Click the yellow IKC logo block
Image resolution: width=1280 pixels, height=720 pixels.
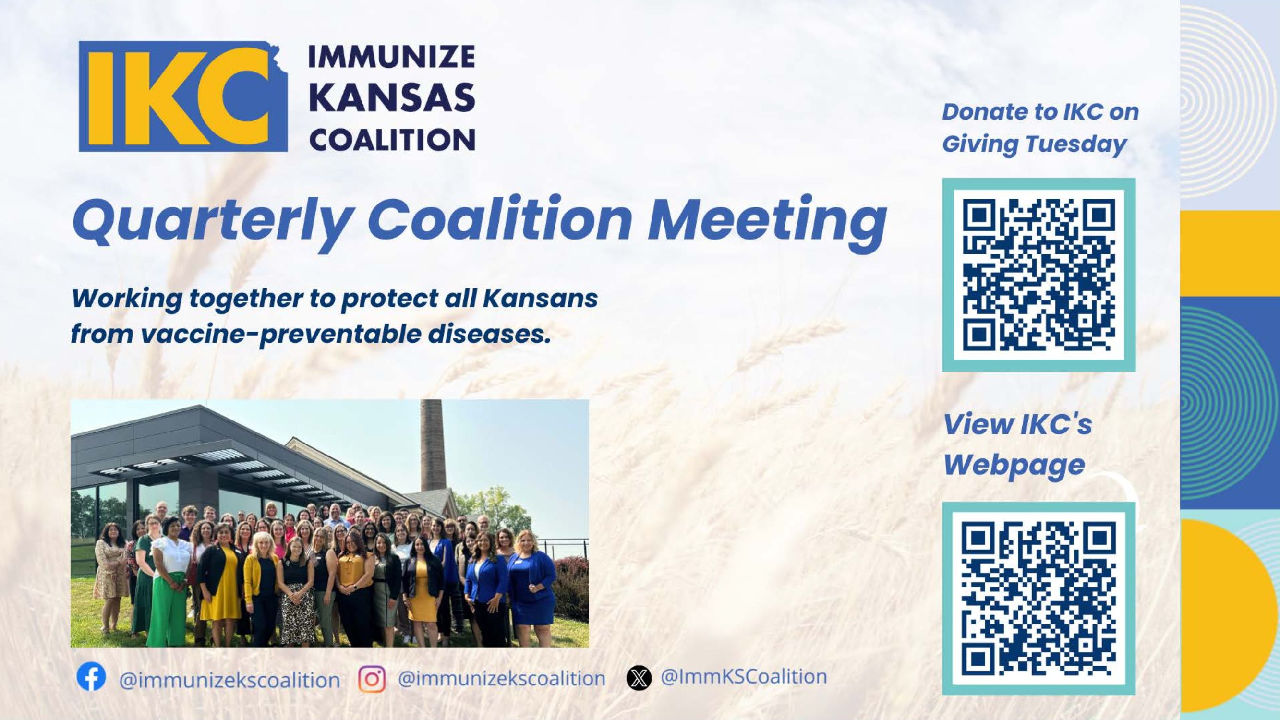pos(183,96)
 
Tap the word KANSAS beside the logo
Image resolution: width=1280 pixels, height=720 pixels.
pos(392,97)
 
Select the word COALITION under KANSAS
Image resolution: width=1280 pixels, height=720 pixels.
pos(392,140)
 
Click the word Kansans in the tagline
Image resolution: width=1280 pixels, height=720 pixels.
pos(540,299)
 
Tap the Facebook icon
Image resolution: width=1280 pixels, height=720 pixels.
pos(91,676)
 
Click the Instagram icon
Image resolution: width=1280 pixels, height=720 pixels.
pos(372,679)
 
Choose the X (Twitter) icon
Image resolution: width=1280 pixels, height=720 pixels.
pos(639,678)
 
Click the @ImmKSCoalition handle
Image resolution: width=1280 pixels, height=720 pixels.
pos(743,677)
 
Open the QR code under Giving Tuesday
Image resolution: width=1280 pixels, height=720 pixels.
pos(1038,275)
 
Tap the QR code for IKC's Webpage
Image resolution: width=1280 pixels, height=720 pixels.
pos(1038,598)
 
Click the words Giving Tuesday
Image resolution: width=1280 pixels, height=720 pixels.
pos(1034,144)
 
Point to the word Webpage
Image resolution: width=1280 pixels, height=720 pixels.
pos(1014,465)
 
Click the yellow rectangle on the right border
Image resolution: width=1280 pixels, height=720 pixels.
pos(1230,253)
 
